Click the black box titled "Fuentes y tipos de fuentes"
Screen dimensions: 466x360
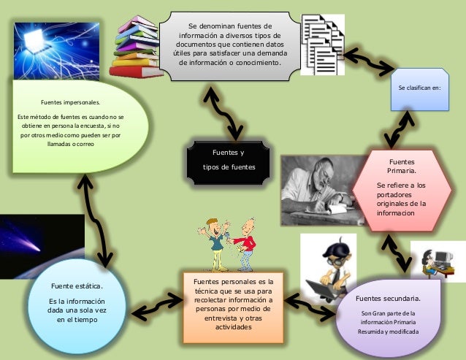pyautogui.click(x=228, y=163)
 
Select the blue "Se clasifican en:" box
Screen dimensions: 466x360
pyautogui.click(x=420, y=89)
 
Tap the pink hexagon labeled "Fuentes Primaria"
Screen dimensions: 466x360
pyautogui.click(x=402, y=191)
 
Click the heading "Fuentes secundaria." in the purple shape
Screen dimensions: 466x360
pyautogui.click(x=388, y=299)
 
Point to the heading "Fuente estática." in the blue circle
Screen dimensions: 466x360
pyautogui.click(x=77, y=286)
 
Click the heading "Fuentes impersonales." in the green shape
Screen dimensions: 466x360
pyautogui.click(x=70, y=102)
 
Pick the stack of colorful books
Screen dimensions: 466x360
pyautogui.click(x=136, y=47)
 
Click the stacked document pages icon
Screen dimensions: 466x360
pyautogui.click(x=323, y=45)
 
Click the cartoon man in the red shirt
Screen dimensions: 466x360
pyautogui.click(x=246, y=244)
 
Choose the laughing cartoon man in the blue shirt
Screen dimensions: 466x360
pyautogui.click(x=215, y=245)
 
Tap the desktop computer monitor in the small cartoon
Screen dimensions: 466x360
pyautogui.click(x=443, y=258)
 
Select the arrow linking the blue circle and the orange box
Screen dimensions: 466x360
pyautogui.click(x=157, y=307)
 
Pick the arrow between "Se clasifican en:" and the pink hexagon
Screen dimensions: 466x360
pyautogui.click(x=399, y=129)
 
